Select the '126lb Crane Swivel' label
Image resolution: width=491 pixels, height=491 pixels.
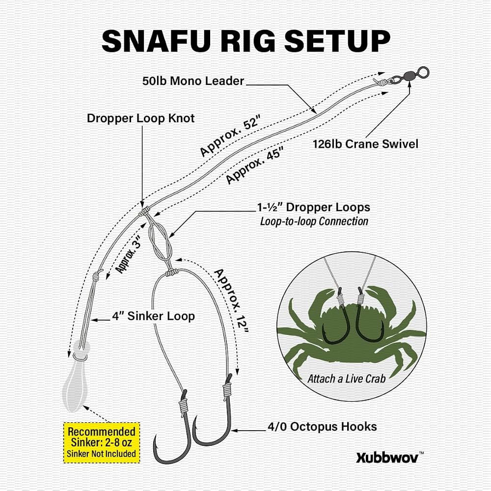point(365,144)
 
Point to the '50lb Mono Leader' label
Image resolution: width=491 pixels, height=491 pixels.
point(193,81)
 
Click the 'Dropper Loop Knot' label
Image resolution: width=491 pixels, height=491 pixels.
point(140,118)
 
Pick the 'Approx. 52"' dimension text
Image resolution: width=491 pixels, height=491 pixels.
point(230,136)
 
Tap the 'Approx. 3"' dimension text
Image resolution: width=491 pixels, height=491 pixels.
point(128,254)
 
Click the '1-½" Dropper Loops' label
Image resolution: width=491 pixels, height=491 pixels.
point(313,207)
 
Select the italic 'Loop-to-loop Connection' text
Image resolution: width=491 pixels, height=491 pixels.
point(314,221)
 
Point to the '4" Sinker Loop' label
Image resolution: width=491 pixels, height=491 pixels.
point(153,316)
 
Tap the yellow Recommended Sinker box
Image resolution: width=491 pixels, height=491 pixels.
point(102,442)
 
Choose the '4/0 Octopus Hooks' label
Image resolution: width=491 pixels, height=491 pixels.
point(322,427)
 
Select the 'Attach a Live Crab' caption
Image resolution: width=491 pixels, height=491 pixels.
point(346,379)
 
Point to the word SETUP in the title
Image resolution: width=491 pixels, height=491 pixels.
point(337,42)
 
